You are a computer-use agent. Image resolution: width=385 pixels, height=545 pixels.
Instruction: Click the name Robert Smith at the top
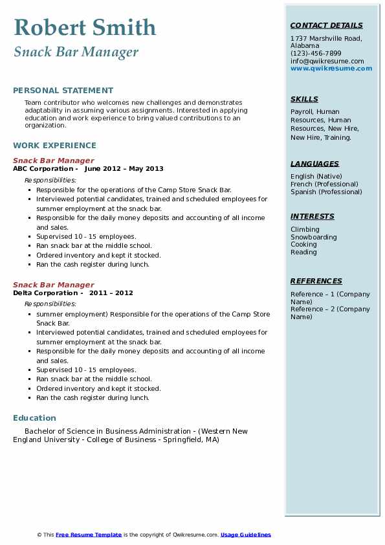85,27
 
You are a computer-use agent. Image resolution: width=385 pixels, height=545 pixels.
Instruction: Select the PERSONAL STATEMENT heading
63,91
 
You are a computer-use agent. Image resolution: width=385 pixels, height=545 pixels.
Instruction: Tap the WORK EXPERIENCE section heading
54,146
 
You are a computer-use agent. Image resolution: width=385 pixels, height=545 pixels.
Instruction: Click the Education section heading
34,418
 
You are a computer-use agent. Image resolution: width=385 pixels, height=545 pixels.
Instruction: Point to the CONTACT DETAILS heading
326,26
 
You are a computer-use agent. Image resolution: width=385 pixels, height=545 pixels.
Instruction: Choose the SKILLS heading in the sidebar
304,100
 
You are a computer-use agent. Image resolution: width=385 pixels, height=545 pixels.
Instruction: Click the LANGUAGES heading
314,164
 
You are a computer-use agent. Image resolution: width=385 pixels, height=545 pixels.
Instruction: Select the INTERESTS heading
313,217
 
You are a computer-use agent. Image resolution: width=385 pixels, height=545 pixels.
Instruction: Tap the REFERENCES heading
316,282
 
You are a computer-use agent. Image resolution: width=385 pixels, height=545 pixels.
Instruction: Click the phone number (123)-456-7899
316,54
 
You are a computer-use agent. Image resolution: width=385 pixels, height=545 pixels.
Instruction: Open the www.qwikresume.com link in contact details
331,69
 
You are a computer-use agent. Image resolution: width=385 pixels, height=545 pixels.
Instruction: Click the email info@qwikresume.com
327,61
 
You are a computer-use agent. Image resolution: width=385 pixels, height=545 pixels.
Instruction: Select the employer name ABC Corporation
43,169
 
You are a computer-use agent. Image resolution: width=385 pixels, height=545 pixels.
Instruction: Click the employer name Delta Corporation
45,293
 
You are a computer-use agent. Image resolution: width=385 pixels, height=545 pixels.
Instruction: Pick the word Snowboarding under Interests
313,238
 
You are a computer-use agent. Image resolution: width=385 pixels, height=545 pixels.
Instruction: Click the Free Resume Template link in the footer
89,535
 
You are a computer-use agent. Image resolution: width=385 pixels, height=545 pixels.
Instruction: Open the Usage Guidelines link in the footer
245,535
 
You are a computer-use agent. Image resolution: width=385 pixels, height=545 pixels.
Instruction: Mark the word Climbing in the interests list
305,230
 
